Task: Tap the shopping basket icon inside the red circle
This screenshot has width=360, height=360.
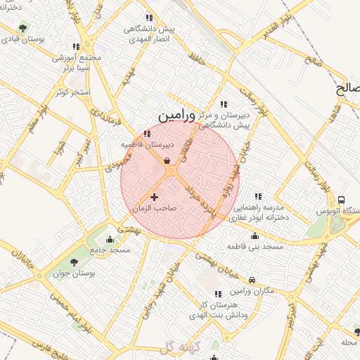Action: [x=167, y=161]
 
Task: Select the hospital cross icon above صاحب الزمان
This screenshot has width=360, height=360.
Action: [x=155, y=197]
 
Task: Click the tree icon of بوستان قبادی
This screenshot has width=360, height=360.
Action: [x=23, y=29]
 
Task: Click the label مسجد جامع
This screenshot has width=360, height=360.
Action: [x=111, y=250]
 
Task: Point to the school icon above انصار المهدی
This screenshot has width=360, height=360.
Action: [x=148, y=18]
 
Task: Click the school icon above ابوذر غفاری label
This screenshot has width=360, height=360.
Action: [x=258, y=196]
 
